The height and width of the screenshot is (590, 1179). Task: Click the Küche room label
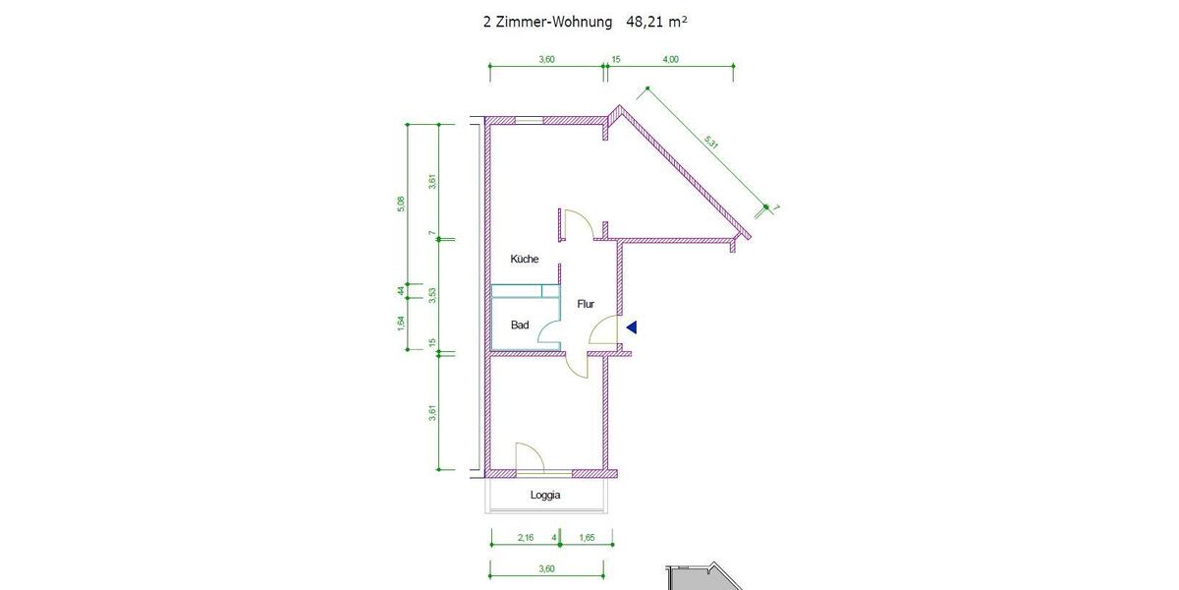tap(524, 260)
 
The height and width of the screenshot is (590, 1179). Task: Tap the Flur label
tap(585, 305)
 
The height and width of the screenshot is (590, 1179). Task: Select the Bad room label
tap(520, 324)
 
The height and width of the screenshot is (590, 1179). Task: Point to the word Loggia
tap(545, 496)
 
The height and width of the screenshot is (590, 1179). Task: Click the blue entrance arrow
tap(633, 327)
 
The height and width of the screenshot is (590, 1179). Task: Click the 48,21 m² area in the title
tap(655, 20)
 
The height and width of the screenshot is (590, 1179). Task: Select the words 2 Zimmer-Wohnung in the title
tap(546, 20)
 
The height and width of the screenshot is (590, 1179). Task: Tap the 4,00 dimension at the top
tap(670, 59)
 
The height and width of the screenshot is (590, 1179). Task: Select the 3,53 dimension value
tap(431, 296)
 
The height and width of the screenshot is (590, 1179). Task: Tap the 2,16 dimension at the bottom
tap(525, 537)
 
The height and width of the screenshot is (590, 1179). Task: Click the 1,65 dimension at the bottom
tap(587, 537)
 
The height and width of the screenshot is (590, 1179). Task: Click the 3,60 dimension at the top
tap(547, 59)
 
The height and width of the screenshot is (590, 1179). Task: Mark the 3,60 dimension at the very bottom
tap(547, 568)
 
